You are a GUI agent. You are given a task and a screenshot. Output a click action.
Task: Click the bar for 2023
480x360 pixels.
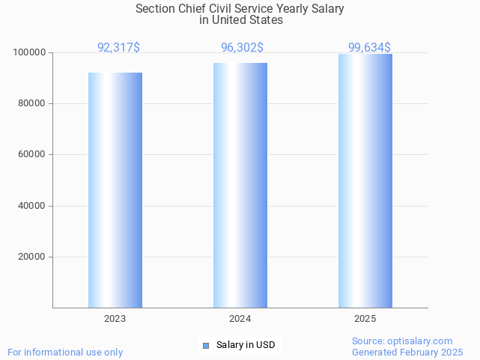click(115, 190)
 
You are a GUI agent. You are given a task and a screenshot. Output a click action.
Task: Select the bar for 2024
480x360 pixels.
click(240, 185)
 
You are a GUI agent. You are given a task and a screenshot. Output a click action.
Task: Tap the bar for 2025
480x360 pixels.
click(365, 180)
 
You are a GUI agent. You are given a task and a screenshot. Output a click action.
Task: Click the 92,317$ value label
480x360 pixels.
click(118, 48)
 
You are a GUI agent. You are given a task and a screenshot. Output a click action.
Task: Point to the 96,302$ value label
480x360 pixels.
click(242, 48)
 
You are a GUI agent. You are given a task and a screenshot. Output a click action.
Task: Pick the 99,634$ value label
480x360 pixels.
click(369, 48)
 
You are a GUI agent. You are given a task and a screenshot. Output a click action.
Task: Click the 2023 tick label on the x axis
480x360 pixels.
click(115, 319)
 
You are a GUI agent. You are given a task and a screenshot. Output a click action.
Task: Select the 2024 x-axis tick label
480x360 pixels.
click(240, 319)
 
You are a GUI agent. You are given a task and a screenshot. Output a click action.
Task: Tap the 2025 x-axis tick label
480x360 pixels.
click(365, 319)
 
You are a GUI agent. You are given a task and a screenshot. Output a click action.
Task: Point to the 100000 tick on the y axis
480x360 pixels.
click(30, 52)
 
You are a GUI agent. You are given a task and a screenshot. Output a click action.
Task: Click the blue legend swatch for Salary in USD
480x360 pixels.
click(206, 345)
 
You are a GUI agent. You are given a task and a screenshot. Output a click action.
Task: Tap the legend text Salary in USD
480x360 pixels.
click(246, 345)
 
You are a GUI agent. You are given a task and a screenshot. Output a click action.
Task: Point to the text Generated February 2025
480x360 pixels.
click(407, 353)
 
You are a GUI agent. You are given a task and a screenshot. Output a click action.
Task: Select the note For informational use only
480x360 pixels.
click(65, 353)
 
